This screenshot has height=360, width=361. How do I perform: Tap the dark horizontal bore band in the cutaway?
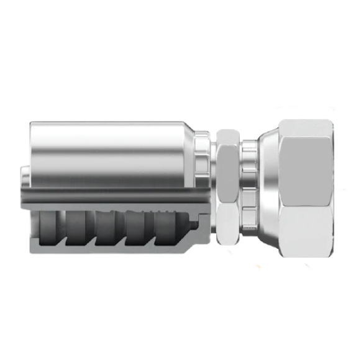pyautogui.click(x=112, y=198)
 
